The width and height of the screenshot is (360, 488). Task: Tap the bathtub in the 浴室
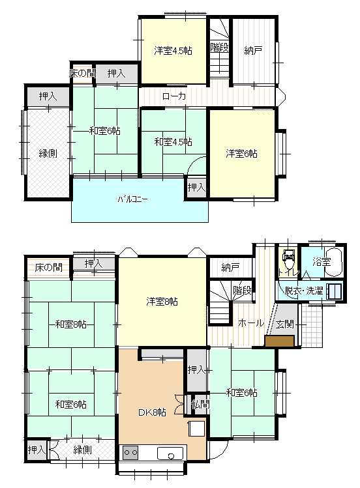tap(334, 262)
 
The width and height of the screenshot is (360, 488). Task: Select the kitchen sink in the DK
tap(170, 453)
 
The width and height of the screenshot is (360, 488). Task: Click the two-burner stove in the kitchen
tap(130, 453)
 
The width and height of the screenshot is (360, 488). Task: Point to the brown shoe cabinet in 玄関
tap(279, 341)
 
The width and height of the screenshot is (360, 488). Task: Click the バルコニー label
tap(132, 199)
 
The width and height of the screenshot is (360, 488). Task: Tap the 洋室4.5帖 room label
tap(173, 50)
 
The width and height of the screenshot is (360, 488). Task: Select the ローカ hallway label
tap(174, 96)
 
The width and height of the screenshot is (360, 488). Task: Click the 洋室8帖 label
tap(162, 301)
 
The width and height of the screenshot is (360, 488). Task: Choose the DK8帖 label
tap(152, 412)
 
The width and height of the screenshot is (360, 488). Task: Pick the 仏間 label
tap(200, 404)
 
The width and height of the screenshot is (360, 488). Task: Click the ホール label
tap(251, 323)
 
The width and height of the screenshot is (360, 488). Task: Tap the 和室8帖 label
tap(71, 324)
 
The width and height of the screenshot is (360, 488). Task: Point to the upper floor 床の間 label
tap(82, 74)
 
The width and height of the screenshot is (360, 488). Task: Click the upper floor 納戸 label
tap(253, 50)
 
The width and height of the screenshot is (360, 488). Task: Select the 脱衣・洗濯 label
tap(304, 291)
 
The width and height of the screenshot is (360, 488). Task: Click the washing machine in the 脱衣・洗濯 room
tap(333, 291)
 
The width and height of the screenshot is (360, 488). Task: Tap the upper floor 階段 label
tap(220, 48)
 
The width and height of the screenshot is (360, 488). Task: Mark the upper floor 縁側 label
tap(48, 153)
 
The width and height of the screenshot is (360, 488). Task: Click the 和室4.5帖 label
tap(173, 142)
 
